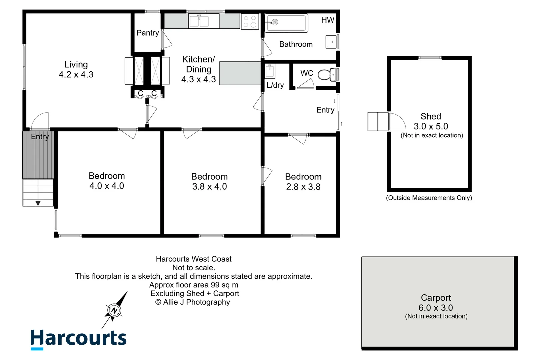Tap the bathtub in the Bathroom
(x=286, y=23)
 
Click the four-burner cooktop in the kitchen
(x=250, y=21)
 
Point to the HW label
(x=327, y=20)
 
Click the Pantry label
(x=148, y=33)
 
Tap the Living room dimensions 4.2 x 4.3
(x=76, y=75)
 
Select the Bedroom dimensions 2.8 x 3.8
(x=303, y=187)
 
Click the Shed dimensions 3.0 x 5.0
(x=431, y=126)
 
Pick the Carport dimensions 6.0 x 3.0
(x=436, y=308)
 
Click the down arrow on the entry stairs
(x=38, y=203)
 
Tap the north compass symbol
(x=114, y=310)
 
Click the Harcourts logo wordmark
(x=78, y=338)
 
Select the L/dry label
(x=275, y=85)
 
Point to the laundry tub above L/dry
(x=270, y=71)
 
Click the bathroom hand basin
(x=331, y=42)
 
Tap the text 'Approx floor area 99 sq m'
(x=194, y=285)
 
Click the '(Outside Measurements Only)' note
(x=429, y=198)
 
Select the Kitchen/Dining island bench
(x=240, y=73)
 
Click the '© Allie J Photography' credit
(x=193, y=302)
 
